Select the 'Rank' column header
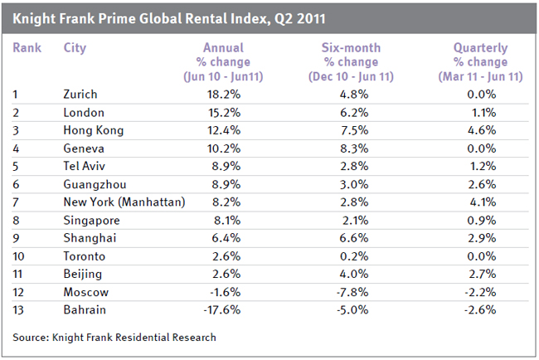tap(27, 47)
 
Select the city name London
tap(82, 112)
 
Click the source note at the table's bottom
tap(114, 338)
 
